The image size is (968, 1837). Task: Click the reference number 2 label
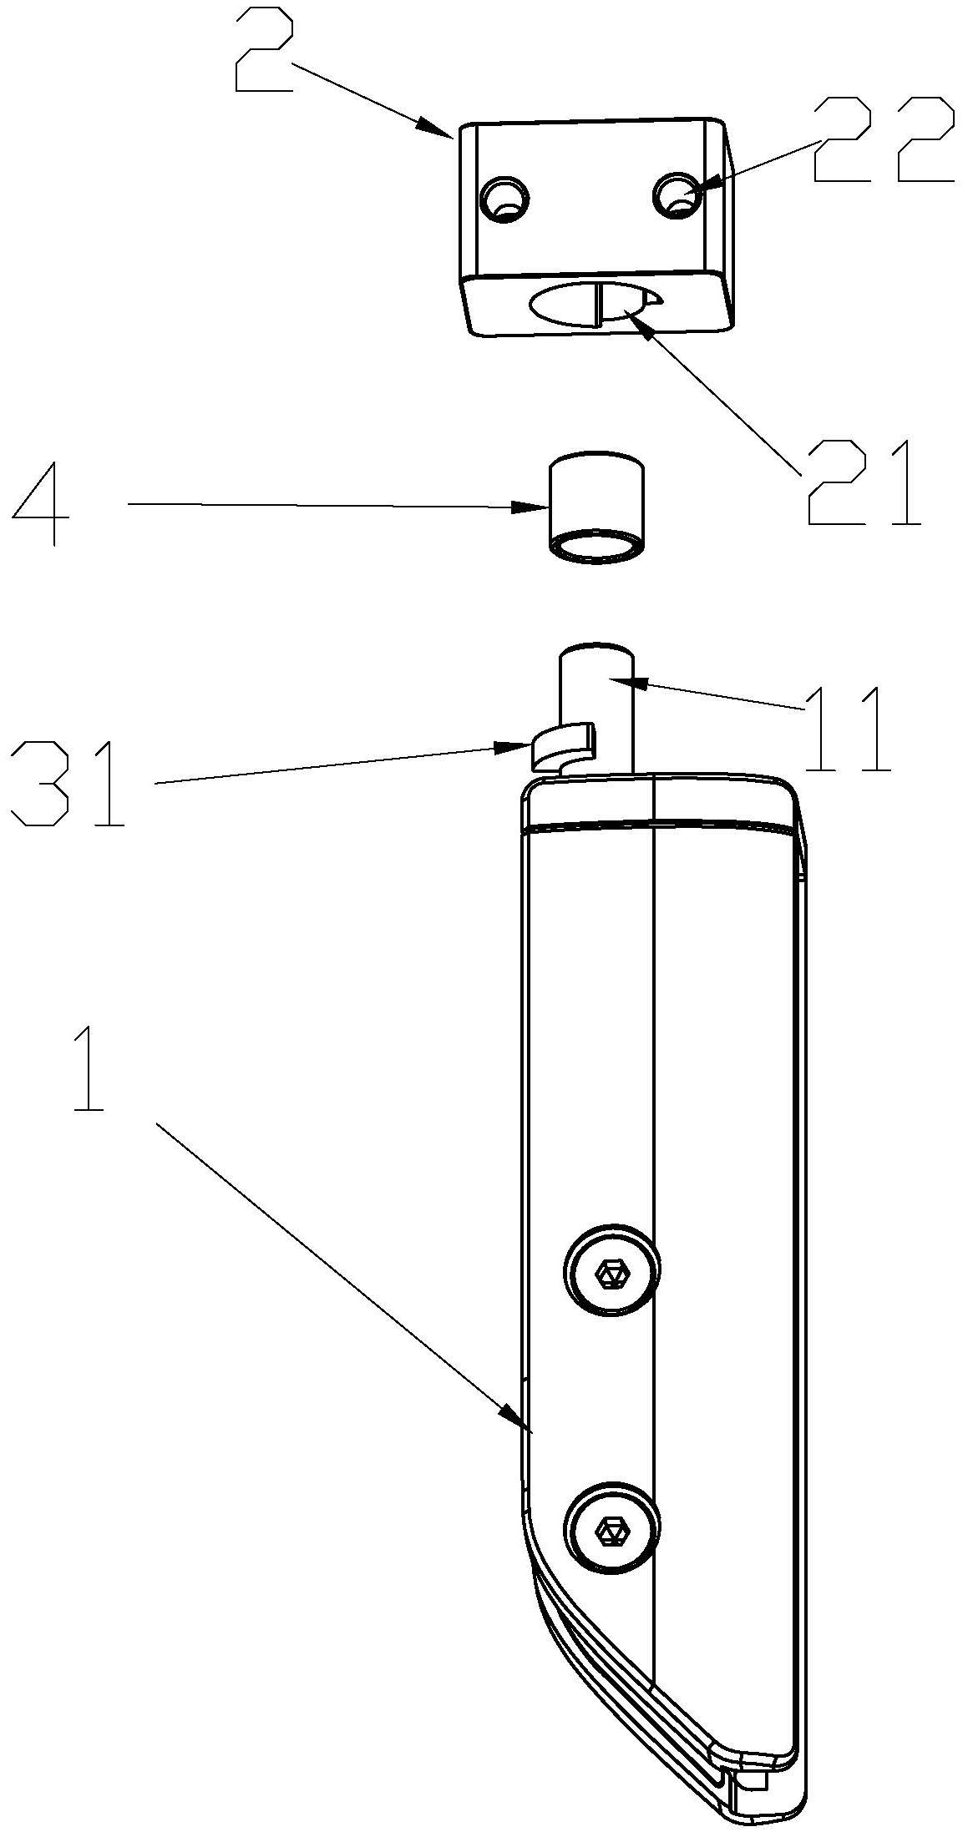coord(264,53)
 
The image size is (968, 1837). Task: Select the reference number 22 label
coord(883,139)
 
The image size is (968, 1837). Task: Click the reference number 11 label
coord(847,729)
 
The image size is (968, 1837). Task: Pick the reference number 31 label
coord(68,783)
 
